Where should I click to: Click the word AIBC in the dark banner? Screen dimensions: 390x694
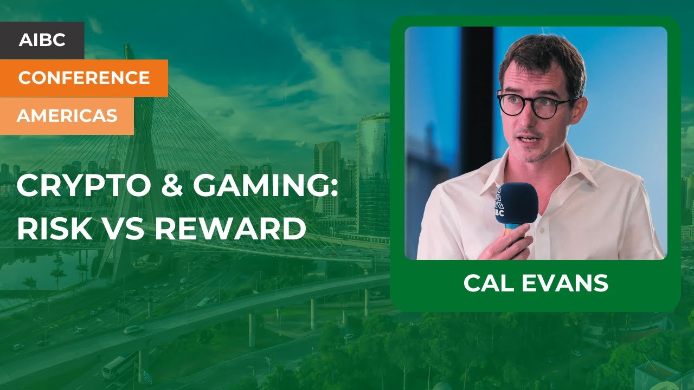point(42,40)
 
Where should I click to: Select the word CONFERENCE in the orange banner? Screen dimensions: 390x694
point(84,78)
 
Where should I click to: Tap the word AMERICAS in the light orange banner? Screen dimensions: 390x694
point(67,115)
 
